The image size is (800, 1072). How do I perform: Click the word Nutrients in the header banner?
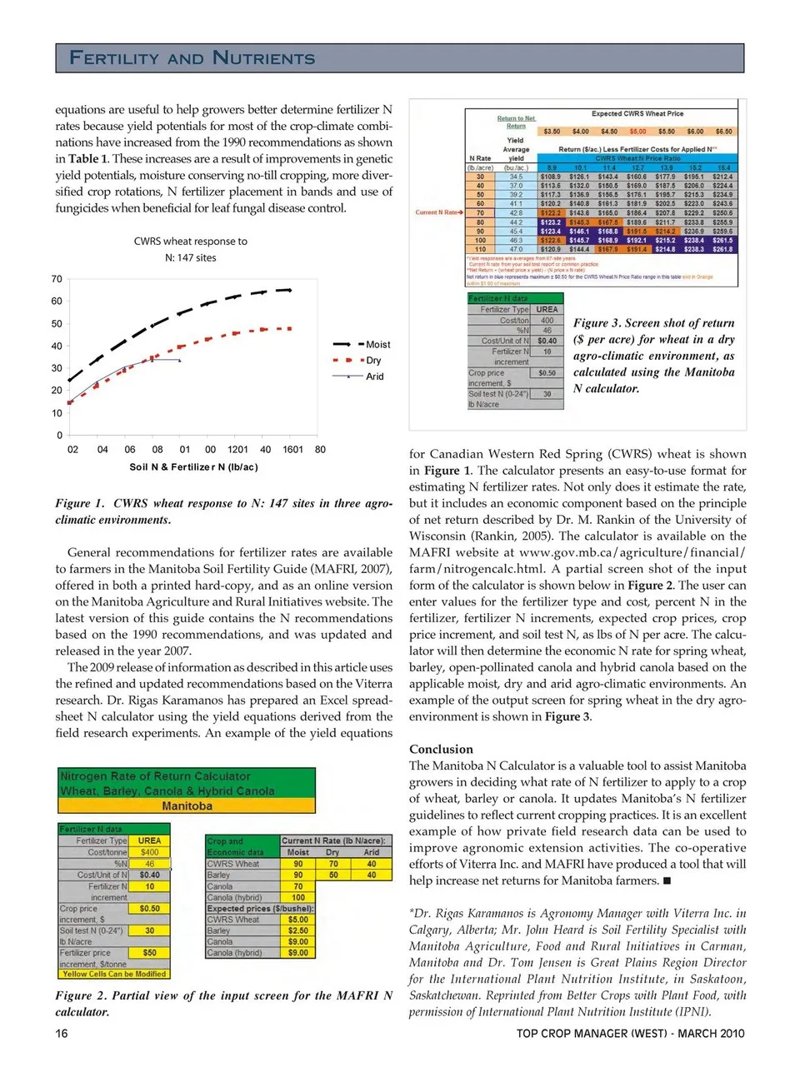tap(264, 57)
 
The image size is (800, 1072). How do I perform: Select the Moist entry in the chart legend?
tap(377, 344)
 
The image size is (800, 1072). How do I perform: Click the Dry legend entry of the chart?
tap(373, 361)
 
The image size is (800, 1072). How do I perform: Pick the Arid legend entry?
tap(375, 376)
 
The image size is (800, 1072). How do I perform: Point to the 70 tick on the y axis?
tap(57, 279)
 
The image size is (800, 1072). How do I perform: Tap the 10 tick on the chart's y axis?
tap(57, 413)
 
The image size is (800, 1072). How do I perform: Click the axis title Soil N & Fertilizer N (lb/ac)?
tap(193, 467)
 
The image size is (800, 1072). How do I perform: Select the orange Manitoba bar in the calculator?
tap(187, 806)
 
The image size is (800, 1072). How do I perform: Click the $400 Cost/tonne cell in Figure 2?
tap(150, 852)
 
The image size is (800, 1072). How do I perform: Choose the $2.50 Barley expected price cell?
tap(297, 930)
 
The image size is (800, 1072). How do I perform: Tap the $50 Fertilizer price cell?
tap(150, 952)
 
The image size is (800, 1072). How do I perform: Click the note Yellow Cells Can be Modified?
tap(114, 974)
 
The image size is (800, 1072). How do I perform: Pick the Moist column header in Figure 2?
tap(297, 852)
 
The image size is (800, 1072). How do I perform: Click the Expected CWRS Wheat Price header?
tap(637, 113)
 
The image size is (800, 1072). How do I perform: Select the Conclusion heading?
tap(441, 749)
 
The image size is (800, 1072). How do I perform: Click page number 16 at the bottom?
tap(62, 1034)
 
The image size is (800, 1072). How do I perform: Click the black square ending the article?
tap(667, 880)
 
